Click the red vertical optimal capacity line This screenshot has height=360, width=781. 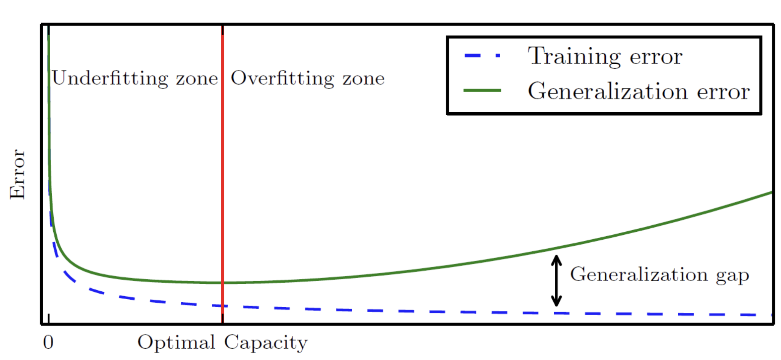[222, 174]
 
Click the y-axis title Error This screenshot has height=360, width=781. [17, 174]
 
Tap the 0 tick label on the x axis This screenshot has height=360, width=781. [48, 342]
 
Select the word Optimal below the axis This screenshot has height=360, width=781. [176, 342]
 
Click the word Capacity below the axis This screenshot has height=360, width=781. [266, 342]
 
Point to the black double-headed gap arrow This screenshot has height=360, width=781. [556, 280]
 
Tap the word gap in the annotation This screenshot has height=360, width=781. [733, 276]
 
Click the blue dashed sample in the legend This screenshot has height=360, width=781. [482, 56]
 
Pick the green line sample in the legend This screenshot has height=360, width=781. [482, 90]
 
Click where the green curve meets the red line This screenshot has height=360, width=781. [222, 283]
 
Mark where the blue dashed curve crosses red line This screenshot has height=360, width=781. [222, 306]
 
